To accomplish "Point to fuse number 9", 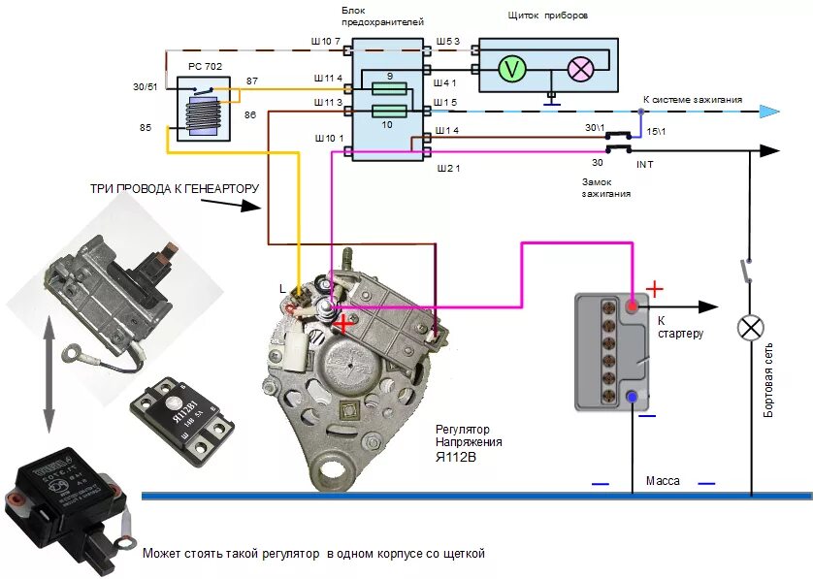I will pyautogui.click(x=389, y=87).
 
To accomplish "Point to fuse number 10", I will pyautogui.click(x=389, y=112).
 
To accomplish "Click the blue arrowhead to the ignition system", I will pyautogui.click(x=768, y=112).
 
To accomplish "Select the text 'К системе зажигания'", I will pyautogui.click(x=693, y=100).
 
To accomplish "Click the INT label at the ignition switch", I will pyautogui.click(x=645, y=165).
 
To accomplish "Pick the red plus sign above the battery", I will pyautogui.click(x=656, y=289).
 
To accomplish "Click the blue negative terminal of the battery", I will pyautogui.click(x=633, y=397).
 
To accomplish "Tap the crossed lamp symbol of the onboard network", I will pyautogui.click(x=750, y=327).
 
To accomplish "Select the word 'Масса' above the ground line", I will pyautogui.click(x=663, y=481).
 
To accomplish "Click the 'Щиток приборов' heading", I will pyautogui.click(x=547, y=16).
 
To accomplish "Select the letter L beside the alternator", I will pyautogui.click(x=282, y=289).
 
